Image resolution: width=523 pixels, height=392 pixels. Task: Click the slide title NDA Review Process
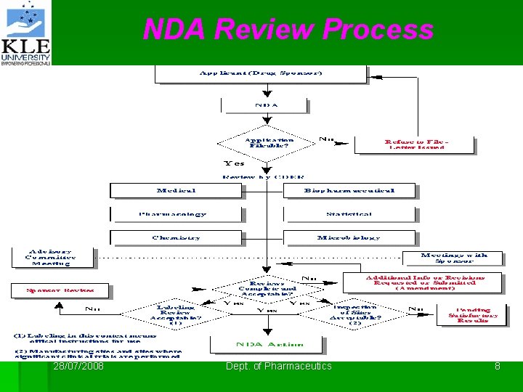point(288,30)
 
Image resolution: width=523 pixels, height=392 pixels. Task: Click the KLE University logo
point(26,33)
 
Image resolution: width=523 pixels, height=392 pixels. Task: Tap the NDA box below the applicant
point(267,105)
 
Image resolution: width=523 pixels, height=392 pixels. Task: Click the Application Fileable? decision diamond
point(269,142)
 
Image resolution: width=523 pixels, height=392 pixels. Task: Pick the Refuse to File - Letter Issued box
point(415,143)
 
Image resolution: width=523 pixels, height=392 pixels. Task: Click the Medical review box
point(176,190)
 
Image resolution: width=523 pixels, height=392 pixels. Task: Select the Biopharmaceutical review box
point(349,190)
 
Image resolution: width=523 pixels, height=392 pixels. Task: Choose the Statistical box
point(349,214)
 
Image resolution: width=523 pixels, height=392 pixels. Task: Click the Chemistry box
point(176,237)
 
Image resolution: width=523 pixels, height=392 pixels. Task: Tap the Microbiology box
point(349,237)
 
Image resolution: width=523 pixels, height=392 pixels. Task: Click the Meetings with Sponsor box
point(460,258)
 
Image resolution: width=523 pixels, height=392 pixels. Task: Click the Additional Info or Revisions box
point(425,282)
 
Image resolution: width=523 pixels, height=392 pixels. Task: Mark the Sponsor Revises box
point(60,290)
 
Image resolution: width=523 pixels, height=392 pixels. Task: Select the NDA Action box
point(266,343)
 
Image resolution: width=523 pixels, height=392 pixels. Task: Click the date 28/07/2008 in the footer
point(78,367)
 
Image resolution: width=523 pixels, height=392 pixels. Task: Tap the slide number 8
point(498,367)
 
